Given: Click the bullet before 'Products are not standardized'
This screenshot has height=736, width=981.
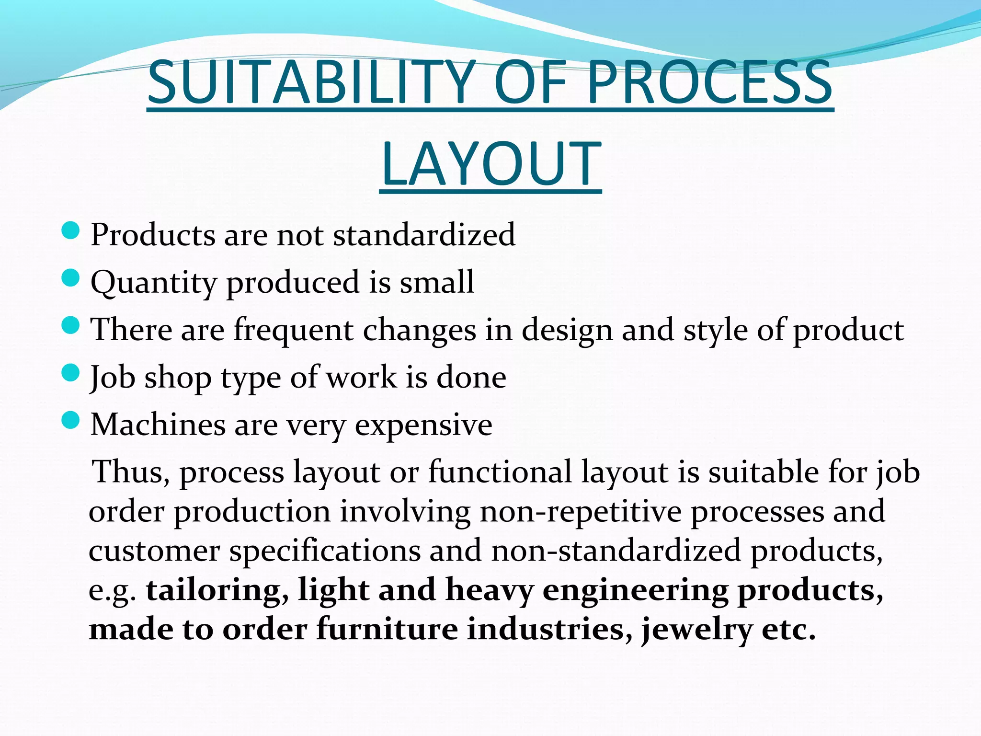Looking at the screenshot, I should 70,231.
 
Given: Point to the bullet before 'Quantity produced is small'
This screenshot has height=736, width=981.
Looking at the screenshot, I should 70,278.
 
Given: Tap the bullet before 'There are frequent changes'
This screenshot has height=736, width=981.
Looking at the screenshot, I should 70,326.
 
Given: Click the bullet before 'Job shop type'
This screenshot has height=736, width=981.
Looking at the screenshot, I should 70,373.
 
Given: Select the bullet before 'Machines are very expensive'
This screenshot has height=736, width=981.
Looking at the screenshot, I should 70,421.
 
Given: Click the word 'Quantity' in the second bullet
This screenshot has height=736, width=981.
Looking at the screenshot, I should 154,283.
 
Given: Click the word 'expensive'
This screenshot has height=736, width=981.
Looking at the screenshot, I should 423,425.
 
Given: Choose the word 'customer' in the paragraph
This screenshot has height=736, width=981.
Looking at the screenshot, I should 154,551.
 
